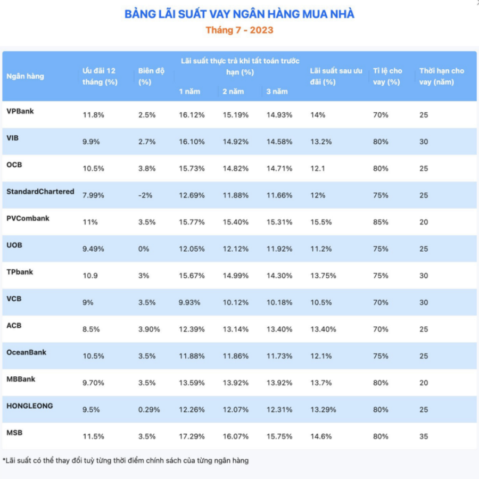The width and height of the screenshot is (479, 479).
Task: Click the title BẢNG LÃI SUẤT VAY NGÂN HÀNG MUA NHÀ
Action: (x=240, y=14)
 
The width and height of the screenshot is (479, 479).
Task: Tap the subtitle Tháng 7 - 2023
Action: (x=240, y=30)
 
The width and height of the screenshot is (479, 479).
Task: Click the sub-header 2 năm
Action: (x=233, y=92)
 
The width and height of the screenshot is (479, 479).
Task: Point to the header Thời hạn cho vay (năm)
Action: (x=441, y=76)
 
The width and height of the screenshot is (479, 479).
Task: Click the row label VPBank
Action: (x=20, y=111)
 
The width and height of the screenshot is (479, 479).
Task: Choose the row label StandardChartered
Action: (x=40, y=192)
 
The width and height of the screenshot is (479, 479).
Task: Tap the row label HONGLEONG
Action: (x=30, y=406)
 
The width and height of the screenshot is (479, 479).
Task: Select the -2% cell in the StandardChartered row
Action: (x=145, y=195)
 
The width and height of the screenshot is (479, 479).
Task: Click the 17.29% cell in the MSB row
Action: (x=192, y=436)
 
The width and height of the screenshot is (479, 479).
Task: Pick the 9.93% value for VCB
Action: (x=189, y=302)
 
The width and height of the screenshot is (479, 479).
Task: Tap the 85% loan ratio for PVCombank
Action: (x=381, y=222)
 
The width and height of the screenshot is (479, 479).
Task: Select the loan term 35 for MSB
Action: (x=424, y=436)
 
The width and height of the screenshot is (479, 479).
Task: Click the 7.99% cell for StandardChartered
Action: (x=93, y=195)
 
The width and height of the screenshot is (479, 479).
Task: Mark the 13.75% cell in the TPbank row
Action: (x=323, y=276)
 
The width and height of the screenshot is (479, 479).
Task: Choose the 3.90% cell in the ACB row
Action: (x=149, y=329)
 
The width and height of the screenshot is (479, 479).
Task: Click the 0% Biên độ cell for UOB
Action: (x=144, y=249)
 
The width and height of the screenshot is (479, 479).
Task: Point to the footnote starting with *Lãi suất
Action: (x=126, y=460)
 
